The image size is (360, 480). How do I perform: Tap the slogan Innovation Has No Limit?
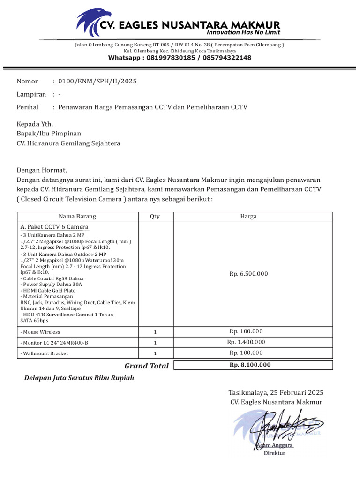(x=243, y=32)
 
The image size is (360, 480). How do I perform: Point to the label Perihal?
(x=28, y=107)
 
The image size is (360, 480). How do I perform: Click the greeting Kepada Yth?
(x=35, y=124)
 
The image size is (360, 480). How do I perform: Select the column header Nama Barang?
(x=77, y=216)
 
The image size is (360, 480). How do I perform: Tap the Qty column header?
(x=155, y=216)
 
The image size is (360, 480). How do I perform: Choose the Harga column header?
(x=248, y=216)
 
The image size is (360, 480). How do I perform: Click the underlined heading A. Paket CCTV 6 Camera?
(x=54, y=227)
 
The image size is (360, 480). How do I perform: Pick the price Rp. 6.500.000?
(x=248, y=274)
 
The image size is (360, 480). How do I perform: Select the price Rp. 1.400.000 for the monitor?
(x=246, y=342)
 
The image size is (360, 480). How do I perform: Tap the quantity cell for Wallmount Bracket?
(x=155, y=353)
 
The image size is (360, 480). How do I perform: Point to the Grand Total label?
(x=146, y=366)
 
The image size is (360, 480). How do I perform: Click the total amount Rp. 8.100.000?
(x=250, y=365)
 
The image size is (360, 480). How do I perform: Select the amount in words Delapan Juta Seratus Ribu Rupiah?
(x=79, y=378)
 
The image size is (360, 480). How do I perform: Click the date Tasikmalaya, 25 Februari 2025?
(x=276, y=392)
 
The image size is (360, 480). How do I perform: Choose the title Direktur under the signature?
(x=274, y=453)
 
